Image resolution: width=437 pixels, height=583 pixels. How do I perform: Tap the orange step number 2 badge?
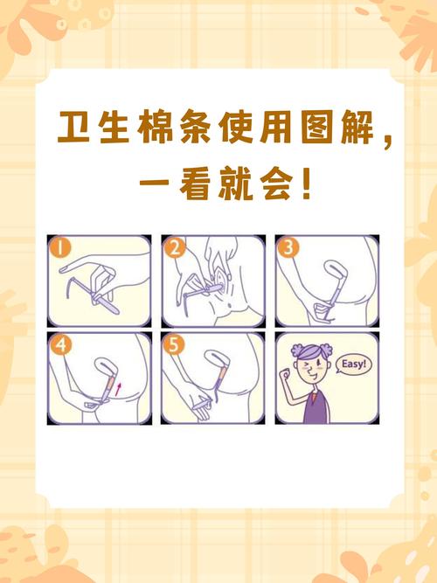(x=175, y=248)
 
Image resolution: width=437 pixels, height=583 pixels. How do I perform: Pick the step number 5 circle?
(x=175, y=345)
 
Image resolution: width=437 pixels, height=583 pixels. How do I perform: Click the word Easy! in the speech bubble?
(x=352, y=364)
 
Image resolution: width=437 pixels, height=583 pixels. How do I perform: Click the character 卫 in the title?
(x=76, y=129)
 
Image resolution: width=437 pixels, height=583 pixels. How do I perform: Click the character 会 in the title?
(x=286, y=184)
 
